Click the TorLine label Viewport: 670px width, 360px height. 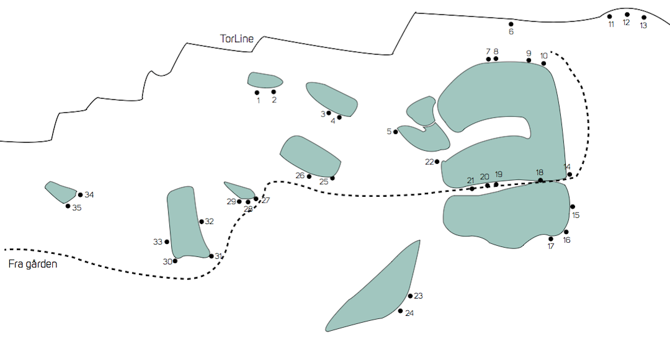coord(237,39)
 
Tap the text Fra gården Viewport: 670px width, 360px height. coord(33,264)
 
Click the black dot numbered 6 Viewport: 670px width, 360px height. coord(511,24)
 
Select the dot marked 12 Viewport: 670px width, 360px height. coord(627,14)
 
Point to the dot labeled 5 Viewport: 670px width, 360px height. coord(396,132)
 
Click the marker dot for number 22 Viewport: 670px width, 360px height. coord(437,161)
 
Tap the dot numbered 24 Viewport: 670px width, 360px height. coord(400,310)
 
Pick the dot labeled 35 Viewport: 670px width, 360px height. coord(68,205)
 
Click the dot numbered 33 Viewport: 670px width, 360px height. coord(167,241)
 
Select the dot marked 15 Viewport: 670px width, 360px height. coord(573,207)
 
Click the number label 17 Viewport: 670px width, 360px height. coord(551,246)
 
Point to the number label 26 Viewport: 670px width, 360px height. coord(300,176)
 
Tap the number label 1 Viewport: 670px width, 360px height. coord(258,101)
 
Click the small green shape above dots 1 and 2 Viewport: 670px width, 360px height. coord(264,79)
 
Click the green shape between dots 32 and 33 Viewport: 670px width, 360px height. coord(185,223)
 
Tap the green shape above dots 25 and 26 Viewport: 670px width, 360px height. coord(310,156)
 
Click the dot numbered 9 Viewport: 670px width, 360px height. coord(529,60)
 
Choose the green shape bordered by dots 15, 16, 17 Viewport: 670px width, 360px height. coord(506,214)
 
